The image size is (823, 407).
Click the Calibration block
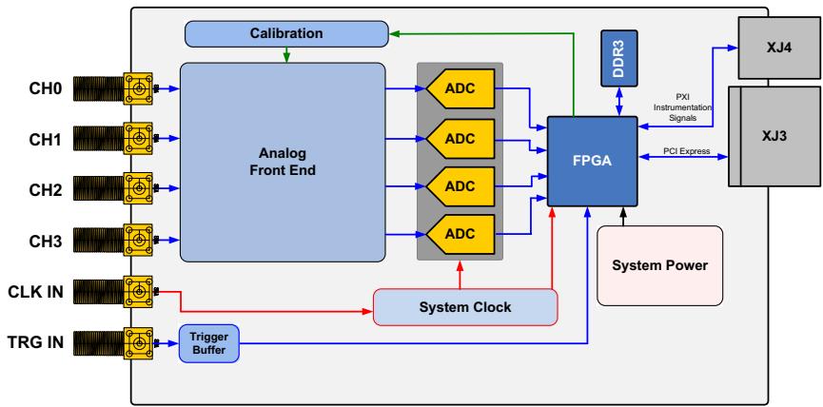[x=286, y=33]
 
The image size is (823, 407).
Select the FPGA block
[x=593, y=161]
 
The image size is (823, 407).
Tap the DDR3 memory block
[x=619, y=58]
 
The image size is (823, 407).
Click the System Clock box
[x=465, y=307]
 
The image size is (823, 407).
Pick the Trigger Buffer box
[x=209, y=343]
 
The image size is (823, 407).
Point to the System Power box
[x=659, y=265]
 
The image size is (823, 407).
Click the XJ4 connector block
[x=779, y=48]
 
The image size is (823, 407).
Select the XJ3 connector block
[x=774, y=136]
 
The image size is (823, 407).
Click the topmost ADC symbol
[x=460, y=88]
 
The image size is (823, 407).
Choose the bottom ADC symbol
[x=460, y=234]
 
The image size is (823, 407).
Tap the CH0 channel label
[x=45, y=89]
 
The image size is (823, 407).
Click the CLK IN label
[x=36, y=292]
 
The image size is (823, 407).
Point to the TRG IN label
[x=36, y=342]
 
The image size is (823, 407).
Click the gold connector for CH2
[x=138, y=188]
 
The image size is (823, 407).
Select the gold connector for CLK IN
[x=138, y=291]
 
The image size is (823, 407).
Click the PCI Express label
[x=687, y=151]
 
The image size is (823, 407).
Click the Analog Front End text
[x=283, y=162]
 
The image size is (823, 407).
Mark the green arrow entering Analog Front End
[x=286, y=54]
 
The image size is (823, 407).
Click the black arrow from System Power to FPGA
[x=623, y=216]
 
